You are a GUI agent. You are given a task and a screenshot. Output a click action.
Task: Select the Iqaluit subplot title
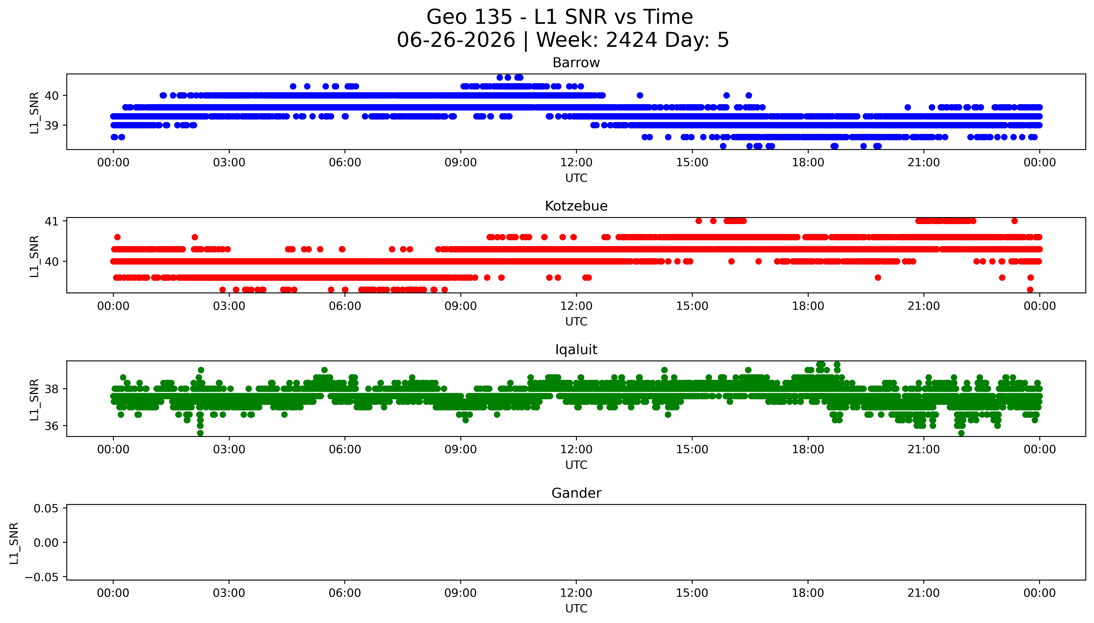tap(576, 350)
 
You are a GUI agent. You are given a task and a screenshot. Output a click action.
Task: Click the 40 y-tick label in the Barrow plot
tap(52, 96)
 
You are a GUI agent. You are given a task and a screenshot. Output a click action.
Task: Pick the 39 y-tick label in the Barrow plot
tap(52, 125)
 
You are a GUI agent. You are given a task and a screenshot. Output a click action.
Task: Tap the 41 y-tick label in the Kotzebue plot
tap(52, 221)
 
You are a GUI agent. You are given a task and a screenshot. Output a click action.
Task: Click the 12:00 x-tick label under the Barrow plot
tap(576, 163)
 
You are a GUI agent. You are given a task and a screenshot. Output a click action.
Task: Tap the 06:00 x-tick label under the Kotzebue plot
tap(345, 306)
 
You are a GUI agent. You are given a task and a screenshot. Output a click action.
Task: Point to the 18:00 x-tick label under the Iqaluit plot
tap(808, 449)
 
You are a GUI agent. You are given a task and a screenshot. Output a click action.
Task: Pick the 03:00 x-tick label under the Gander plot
tap(229, 593)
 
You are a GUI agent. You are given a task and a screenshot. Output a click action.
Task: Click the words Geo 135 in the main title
tap(469, 17)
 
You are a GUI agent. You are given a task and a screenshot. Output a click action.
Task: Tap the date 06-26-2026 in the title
tap(456, 40)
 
